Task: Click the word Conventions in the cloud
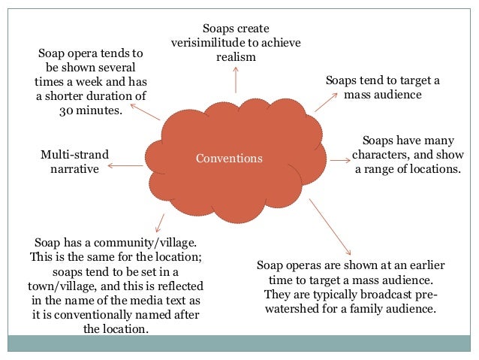click(x=229, y=159)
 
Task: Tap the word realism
click(x=236, y=57)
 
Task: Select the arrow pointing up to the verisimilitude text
click(x=236, y=79)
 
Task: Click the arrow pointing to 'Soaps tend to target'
click(x=326, y=102)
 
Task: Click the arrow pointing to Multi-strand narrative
click(x=129, y=165)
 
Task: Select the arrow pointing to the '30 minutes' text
click(x=144, y=113)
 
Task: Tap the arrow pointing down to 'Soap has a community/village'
click(x=158, y=222)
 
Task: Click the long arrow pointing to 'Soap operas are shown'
click(x=330, y=225)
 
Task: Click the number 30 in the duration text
click(x=67, y=110)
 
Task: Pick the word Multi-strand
click(x=74, y=155)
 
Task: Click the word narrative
click(x=74, y=169)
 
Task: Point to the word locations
click(x=430, y=168)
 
